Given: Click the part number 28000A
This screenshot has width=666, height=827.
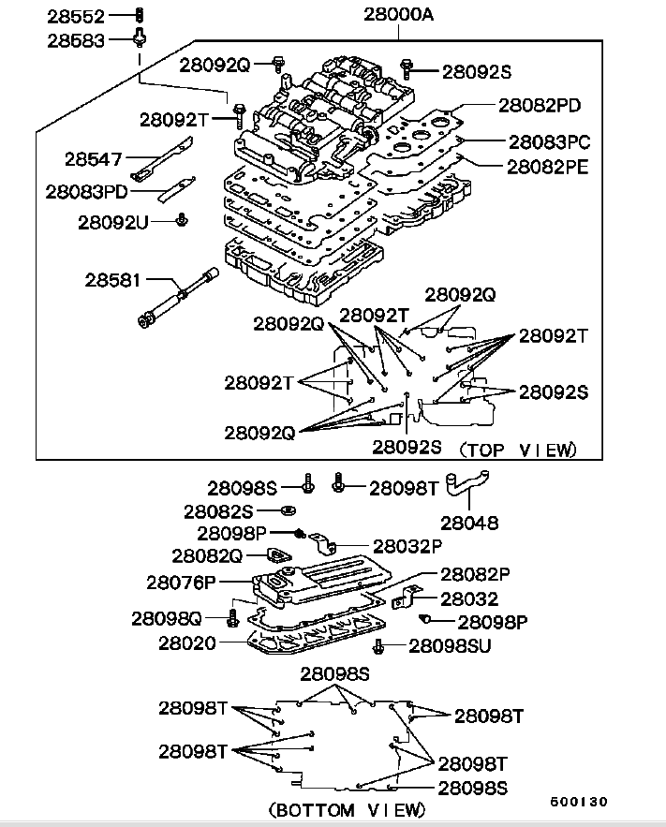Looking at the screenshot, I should [398, 16].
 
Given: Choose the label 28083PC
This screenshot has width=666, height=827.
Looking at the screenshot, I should [550, 142].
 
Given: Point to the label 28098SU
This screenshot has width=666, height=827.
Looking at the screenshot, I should [451, 645].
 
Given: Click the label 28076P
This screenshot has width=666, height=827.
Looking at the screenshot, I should [181, 582].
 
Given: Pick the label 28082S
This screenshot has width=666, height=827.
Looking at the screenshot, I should [218, 511].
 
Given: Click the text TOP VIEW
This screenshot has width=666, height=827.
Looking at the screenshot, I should [518, 450].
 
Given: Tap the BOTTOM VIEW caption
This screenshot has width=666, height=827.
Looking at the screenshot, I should [348, 808].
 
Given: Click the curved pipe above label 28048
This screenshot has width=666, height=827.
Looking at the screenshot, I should [468, 488].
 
